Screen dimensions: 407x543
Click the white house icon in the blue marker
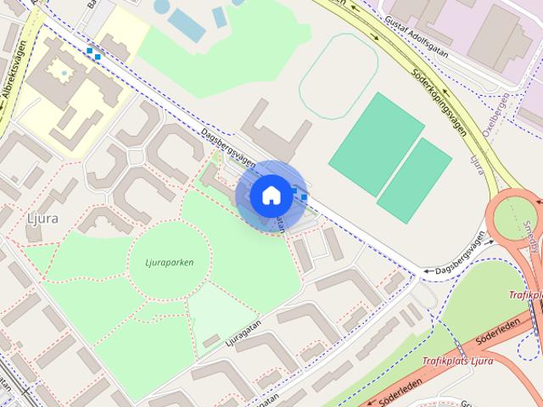tap(271, 194)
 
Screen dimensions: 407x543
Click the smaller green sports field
tap(415, 181)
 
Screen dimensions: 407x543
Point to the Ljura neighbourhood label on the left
tap(42, 218)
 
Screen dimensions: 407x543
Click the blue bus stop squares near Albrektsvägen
tap(93, 53)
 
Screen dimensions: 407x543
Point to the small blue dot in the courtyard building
tap(64, 75)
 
